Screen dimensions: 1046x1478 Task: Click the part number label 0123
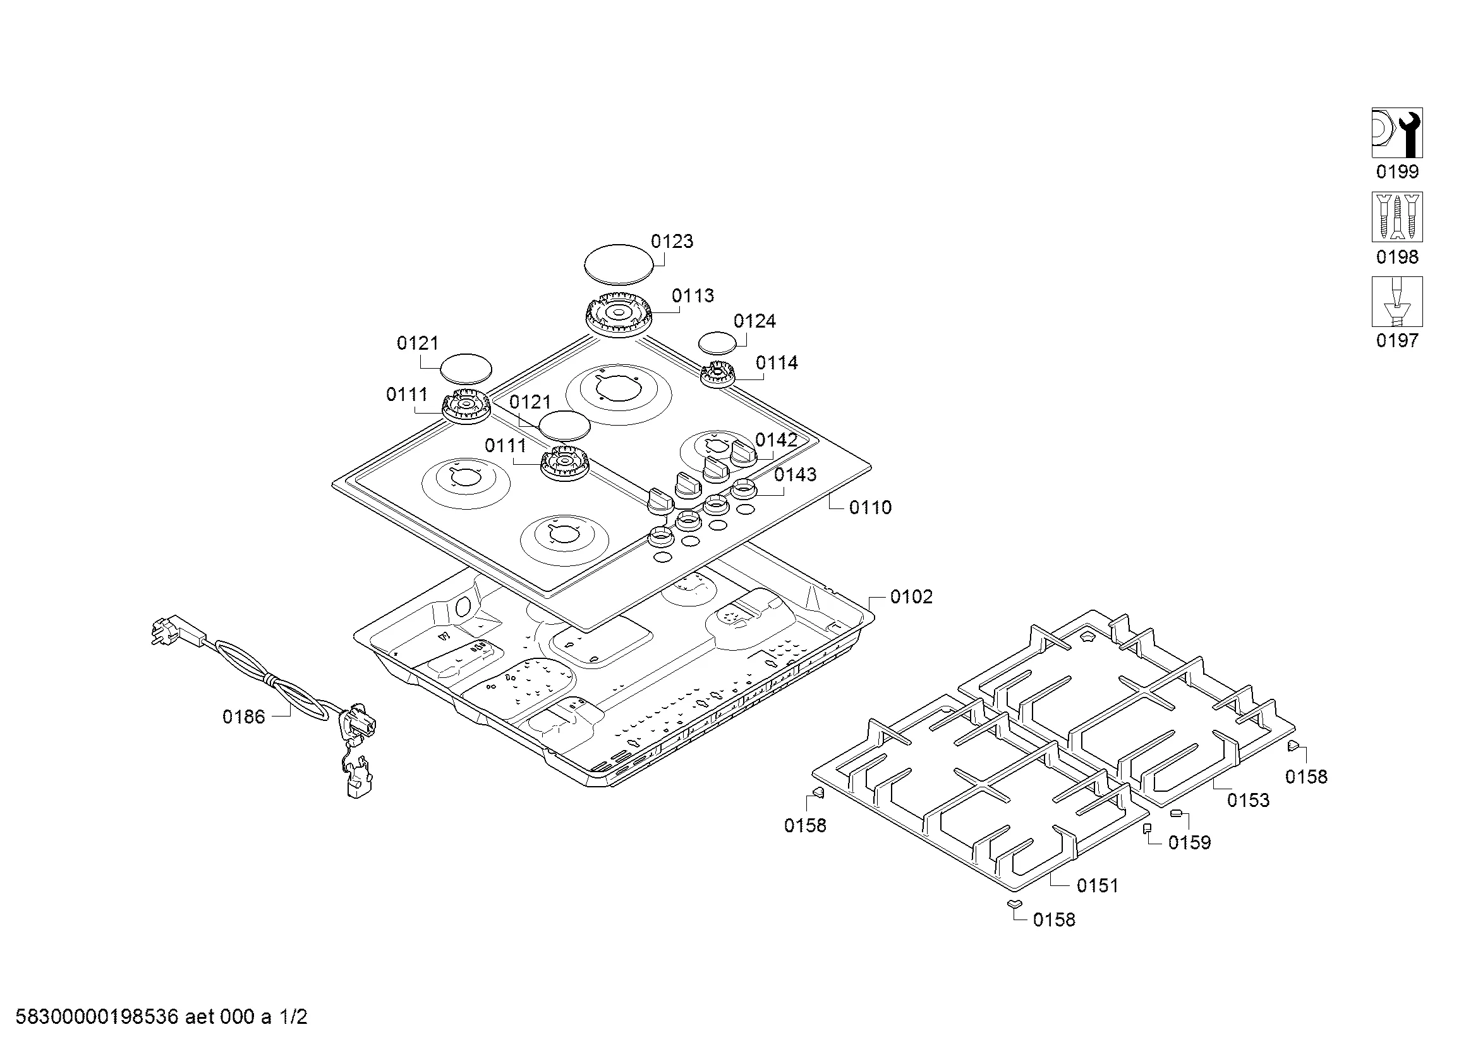pyautogui.click(x=672, y=242)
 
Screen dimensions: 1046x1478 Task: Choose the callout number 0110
pyautogui.click(x=870, y=508)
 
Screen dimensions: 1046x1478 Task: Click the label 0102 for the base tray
pyautogui.click(x=911, y=597)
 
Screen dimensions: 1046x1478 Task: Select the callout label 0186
pyautogui.click(x=243, y=717)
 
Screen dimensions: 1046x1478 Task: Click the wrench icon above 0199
pyautogui.click(x=1397, y=133)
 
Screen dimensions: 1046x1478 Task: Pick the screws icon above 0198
pyautogui.click(x=1397, y=217)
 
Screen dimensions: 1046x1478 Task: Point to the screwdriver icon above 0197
pyautogui.click(x=1397, y=302)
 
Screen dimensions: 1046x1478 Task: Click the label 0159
pyautogui.click(x=1190, y=842)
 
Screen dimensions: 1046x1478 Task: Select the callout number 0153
pyautogui.click(x=1248, y=801)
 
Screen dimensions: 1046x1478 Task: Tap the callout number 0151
pyautogui.click(x=1098, y=885)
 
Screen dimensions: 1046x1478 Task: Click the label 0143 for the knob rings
pyautogui.click(x=795, y=475)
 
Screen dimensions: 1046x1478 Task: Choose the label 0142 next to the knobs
pyautogui.click(x=777, y=440)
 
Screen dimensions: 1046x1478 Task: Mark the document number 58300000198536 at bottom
pyautogui.click(x=97, y=1017)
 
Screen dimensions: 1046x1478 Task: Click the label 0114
pyautogui.click(x=777, y=363)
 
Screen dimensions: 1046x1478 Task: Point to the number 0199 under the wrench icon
pyautogui.click(x=1397, y=172)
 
